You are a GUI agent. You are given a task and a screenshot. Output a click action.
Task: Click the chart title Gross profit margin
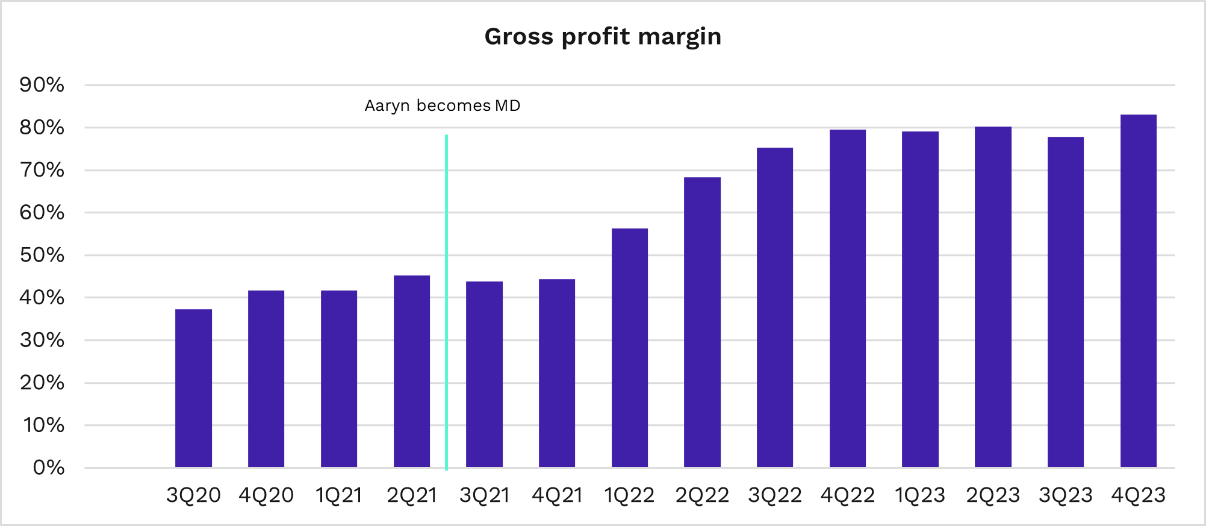click(x=603, y=37)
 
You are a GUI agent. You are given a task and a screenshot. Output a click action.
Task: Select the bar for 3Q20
click(x=193, y=388)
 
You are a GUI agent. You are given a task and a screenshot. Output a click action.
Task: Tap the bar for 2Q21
click(x=411, y=371)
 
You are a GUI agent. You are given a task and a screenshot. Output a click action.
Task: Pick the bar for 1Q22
click(x=629, y=348)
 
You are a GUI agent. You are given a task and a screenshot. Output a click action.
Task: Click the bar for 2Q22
click(x=702, y=322)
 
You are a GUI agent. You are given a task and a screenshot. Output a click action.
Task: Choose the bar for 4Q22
click(x=847, y=298)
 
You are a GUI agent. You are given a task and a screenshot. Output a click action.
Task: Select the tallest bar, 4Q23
click(x=1138, y=291)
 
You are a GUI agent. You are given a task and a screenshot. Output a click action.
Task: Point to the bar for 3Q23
click(x=1065, y=302)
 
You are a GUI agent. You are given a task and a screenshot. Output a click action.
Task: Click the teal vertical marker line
click(x=446, y=301)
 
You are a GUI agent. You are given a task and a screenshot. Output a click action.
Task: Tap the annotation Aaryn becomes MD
click(x=443, y=106)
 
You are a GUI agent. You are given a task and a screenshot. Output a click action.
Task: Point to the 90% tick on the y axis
click(x=42, y=85)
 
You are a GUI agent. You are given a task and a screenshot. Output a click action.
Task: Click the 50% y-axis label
click(x=42, y=255)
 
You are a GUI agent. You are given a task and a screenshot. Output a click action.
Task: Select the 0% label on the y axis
click(x=48, y=468)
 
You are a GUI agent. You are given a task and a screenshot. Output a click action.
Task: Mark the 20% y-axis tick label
click(x=42, y=383)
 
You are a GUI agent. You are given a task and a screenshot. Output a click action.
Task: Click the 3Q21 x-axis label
click(x=484, y=495)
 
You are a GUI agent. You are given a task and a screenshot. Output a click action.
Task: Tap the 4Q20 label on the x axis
click(x=266, y=495)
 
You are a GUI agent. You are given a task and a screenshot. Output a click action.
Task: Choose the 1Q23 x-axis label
click(x=920, y=495)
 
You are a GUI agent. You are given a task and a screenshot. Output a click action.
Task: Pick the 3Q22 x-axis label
click(x=775, y=495)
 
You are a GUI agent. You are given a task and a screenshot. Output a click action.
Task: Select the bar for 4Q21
click(x=557, y=373)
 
